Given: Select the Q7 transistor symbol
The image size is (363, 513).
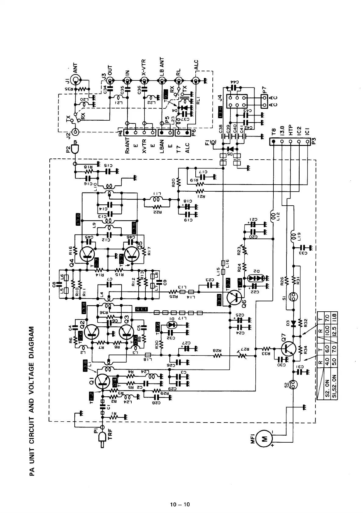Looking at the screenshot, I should (x=288, y=348).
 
